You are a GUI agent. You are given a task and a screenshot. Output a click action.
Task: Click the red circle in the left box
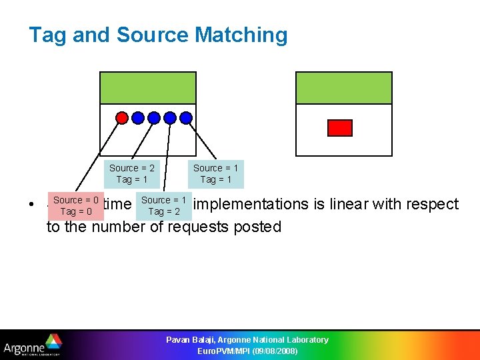121,118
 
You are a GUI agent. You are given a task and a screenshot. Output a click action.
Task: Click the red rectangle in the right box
341,128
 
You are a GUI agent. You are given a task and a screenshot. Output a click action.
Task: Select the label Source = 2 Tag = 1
132,174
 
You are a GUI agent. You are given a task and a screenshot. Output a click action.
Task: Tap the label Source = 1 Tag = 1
216,174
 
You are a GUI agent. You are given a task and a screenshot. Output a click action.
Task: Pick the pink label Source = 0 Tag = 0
76,206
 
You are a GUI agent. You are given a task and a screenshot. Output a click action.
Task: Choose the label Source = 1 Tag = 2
164,206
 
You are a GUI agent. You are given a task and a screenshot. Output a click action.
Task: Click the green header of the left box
148,88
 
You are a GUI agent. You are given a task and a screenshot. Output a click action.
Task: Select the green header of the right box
343,88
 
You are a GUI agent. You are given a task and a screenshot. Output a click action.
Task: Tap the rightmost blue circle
186,118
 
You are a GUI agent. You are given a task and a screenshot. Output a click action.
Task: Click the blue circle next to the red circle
137,118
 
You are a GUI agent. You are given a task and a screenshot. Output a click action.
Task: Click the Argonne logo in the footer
33,345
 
